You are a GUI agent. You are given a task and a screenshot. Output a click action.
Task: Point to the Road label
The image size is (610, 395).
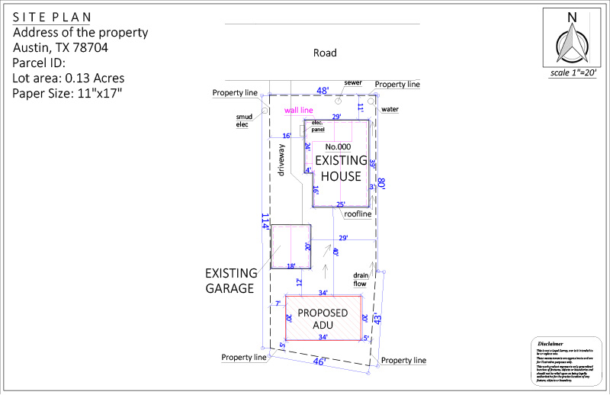[324, 53]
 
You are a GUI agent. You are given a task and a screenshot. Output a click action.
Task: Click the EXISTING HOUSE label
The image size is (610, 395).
[339, 169]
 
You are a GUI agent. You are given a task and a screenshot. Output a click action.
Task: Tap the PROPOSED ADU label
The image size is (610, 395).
[323, 320]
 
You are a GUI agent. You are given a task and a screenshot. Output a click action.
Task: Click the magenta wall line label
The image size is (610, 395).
[299, 111]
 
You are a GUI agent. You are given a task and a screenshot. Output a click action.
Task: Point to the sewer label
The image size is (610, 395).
[352, 82]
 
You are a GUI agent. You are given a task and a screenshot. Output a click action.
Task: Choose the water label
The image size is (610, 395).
[390, 109]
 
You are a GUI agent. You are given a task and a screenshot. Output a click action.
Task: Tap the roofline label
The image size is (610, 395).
[357, 214]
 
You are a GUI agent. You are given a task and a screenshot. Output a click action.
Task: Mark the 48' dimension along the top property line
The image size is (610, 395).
[323, 91]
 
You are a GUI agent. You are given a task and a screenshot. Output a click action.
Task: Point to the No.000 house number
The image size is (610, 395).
[338, 146]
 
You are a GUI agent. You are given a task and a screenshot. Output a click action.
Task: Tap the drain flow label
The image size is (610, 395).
[360, 279]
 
